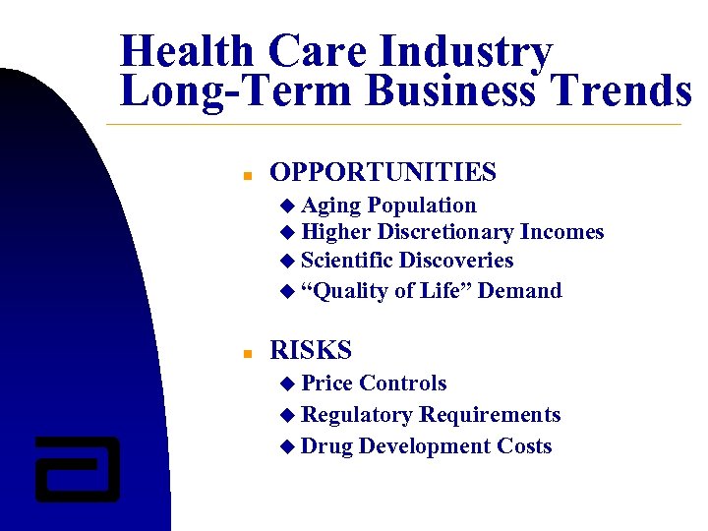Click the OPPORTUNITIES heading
coord(383,172)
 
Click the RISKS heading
coord(310,349)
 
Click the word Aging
coord(331,206)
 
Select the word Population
coord(422,206)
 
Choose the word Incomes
coord(561,232)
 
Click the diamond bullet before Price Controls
coord(287,383)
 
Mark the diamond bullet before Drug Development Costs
coord(287,447)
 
